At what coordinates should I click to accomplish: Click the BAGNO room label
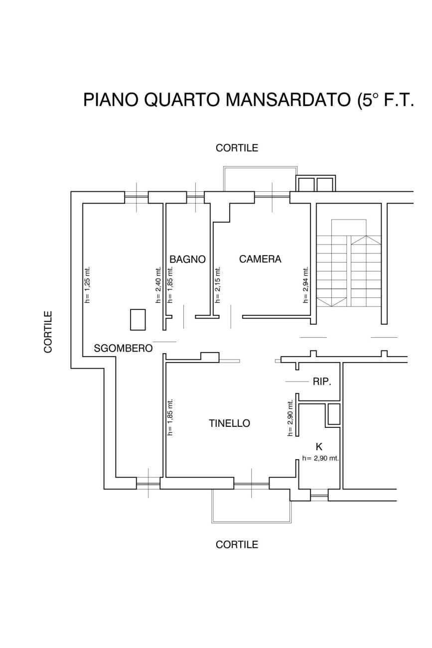point(187,259)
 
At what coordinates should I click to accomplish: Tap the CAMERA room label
point(260,259)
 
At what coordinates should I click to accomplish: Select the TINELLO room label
point(230,423)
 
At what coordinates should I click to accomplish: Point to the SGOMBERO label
point(123,348)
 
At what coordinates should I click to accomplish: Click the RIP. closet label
point(322,382)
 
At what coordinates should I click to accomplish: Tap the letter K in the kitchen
point(319,447)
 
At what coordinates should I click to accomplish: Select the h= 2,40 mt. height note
point(158,285)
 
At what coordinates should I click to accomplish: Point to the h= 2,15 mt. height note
point(218,285)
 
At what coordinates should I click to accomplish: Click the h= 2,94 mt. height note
point(305,285)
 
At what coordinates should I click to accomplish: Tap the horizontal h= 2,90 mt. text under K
point(320,458)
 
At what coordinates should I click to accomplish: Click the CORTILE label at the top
point(237,148)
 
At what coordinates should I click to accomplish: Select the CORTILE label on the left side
point(48,332)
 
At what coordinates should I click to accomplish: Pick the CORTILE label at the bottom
point(237,544)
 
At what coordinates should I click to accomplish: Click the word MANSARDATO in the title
point(288,100)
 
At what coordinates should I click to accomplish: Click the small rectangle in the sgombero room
point(138,320)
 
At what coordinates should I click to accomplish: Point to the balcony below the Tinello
point(252,506)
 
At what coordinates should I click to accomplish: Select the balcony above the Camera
point(260,179)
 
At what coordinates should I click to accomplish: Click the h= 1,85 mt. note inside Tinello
point(170,417)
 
